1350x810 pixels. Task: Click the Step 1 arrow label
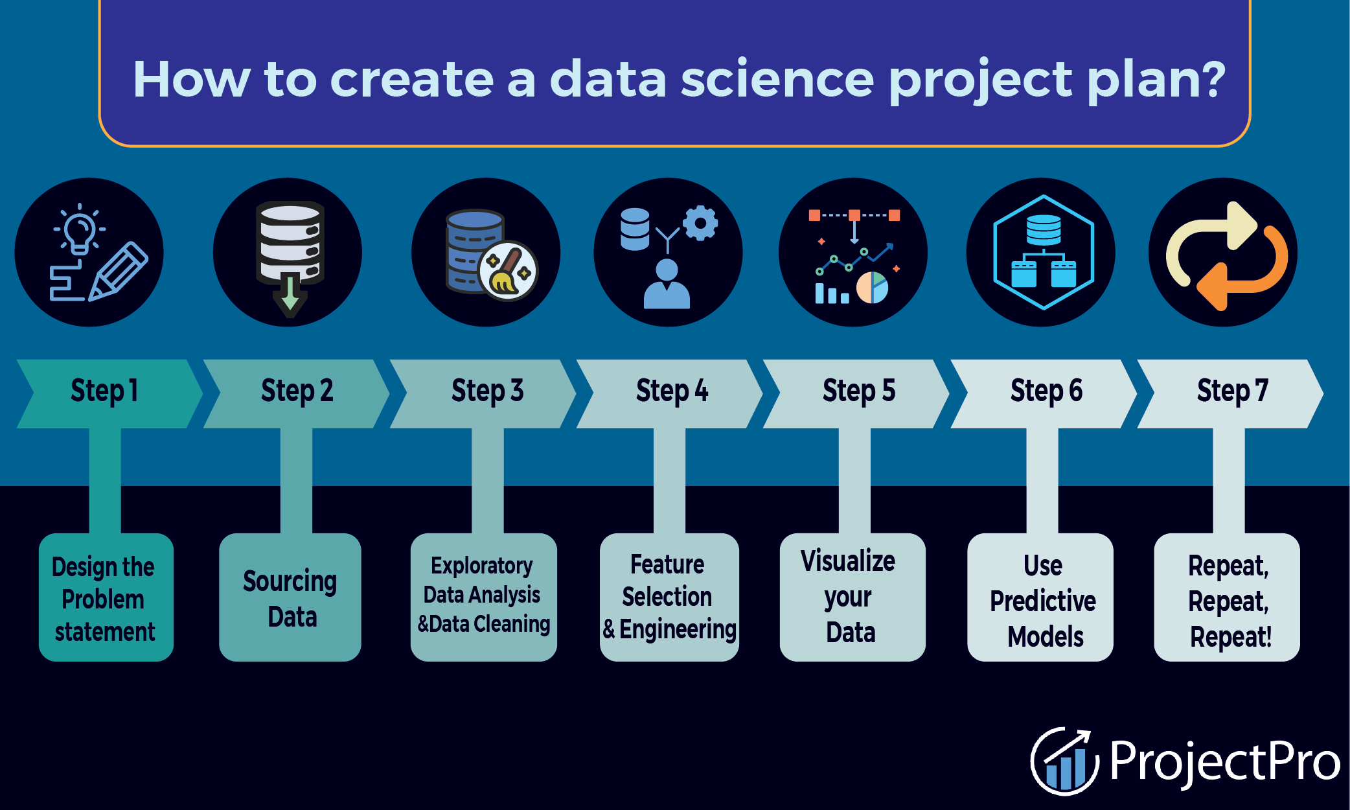click(x=104, y=391)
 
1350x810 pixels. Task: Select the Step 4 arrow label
click(x=672, y=391)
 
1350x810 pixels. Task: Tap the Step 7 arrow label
click(x=1232, y=391)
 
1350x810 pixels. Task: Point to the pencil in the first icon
click(x=119, y=271)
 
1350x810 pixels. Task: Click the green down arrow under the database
click(x=290, y=295)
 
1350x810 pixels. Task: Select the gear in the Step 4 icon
click(x=700, y=224)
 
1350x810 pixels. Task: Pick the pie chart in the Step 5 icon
click(x=872, y=288)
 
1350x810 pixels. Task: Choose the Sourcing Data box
click(x=290, y=597)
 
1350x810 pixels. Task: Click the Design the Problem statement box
click(x=106, y=597)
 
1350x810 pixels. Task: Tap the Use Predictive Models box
click(x=1040, y=597)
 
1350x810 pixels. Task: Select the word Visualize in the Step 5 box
click(x=848, y=561)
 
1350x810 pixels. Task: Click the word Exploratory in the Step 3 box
click(x=481, y=566)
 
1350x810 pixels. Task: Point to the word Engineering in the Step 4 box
click(x=678, y=629)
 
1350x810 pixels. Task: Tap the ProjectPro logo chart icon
click(x=1065, y=761)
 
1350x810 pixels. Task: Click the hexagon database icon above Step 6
click(x=1044, y=252)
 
